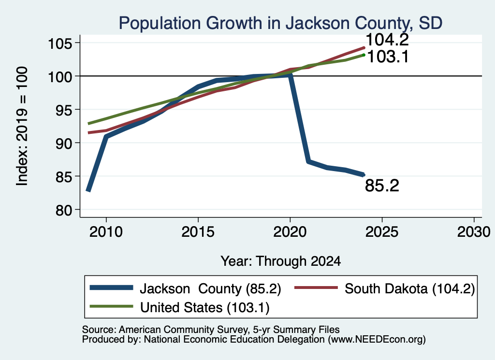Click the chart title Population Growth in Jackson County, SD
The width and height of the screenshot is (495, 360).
[x=281, y=23]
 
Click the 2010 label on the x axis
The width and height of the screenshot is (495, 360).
[x=106, y=232]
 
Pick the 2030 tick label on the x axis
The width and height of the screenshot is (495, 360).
[x=474, y=232]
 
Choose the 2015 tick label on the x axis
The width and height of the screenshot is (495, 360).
[x=198, y=232]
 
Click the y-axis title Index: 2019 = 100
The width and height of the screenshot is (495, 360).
[x=22, y=126]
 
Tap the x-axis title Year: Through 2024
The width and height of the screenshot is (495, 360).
[x=281, y=261]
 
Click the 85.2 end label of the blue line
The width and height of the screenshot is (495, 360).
[x=382, y=186]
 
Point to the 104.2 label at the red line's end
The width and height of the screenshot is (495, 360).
[x=387, y=40]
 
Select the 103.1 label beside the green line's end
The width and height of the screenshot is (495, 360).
[x=388, y=57]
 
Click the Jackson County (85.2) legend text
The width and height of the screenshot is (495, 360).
[x=210, y=288]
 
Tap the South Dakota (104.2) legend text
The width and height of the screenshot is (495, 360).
[x=410, y=288]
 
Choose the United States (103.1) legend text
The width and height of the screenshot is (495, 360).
[x=205, y=308]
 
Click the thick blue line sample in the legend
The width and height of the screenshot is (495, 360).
[x=112, y=288]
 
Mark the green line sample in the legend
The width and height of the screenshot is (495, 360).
[x=112, y=306]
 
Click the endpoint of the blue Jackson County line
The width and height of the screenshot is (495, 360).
[x=364, y=175]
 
